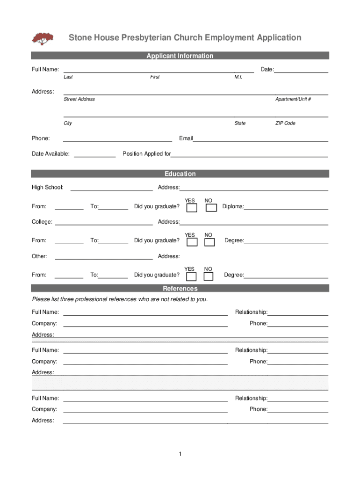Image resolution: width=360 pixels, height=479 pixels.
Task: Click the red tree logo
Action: point(43,38)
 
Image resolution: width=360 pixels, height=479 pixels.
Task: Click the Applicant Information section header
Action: point(180,56)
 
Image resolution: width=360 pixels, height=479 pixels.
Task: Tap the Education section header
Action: point(180,174)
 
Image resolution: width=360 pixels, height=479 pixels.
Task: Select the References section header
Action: point(180,288)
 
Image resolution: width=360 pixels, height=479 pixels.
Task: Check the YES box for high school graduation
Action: point(192,207)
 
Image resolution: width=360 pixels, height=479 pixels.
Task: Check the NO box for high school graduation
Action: point(211,207)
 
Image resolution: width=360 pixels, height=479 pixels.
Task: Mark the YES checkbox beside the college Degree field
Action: point(192,242)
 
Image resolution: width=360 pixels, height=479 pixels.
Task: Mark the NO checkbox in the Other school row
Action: point(209,276)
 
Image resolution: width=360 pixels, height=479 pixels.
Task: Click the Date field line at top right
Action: point(301,71)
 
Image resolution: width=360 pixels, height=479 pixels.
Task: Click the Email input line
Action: point(260,140)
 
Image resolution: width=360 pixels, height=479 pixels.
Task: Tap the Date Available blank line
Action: point(95,156)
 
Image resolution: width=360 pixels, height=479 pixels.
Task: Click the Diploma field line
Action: point(286,208)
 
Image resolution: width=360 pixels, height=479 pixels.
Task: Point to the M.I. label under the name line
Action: point(238,77)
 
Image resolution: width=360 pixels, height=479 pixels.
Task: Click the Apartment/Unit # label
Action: point(293,99)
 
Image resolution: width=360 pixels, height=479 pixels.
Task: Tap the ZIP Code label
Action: point(285,123)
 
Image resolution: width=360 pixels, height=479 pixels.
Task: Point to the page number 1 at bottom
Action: point(180,454)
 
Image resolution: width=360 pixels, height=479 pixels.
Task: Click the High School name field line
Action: point(111,189)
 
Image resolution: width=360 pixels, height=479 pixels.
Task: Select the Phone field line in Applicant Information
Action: point(117,140)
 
